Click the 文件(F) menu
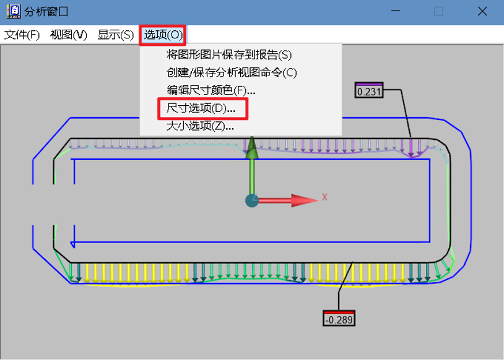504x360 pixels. (22, 35)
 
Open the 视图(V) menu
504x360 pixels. (68, 35)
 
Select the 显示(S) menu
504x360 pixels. (115, 35)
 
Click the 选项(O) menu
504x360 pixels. (163, 35)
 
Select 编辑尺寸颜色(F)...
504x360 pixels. (211, 90)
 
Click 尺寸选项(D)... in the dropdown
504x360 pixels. (201, 108)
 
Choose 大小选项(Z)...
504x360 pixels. (200, 126)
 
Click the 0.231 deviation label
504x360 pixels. (368, 92)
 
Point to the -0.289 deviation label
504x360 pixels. (339, 319)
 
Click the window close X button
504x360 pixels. (482, 12)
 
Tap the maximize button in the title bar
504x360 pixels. (439, 12)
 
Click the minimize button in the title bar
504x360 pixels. (396, 12)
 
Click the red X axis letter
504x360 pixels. (324, 198)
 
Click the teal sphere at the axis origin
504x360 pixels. (251, 200)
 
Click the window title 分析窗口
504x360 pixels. (48, 12)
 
